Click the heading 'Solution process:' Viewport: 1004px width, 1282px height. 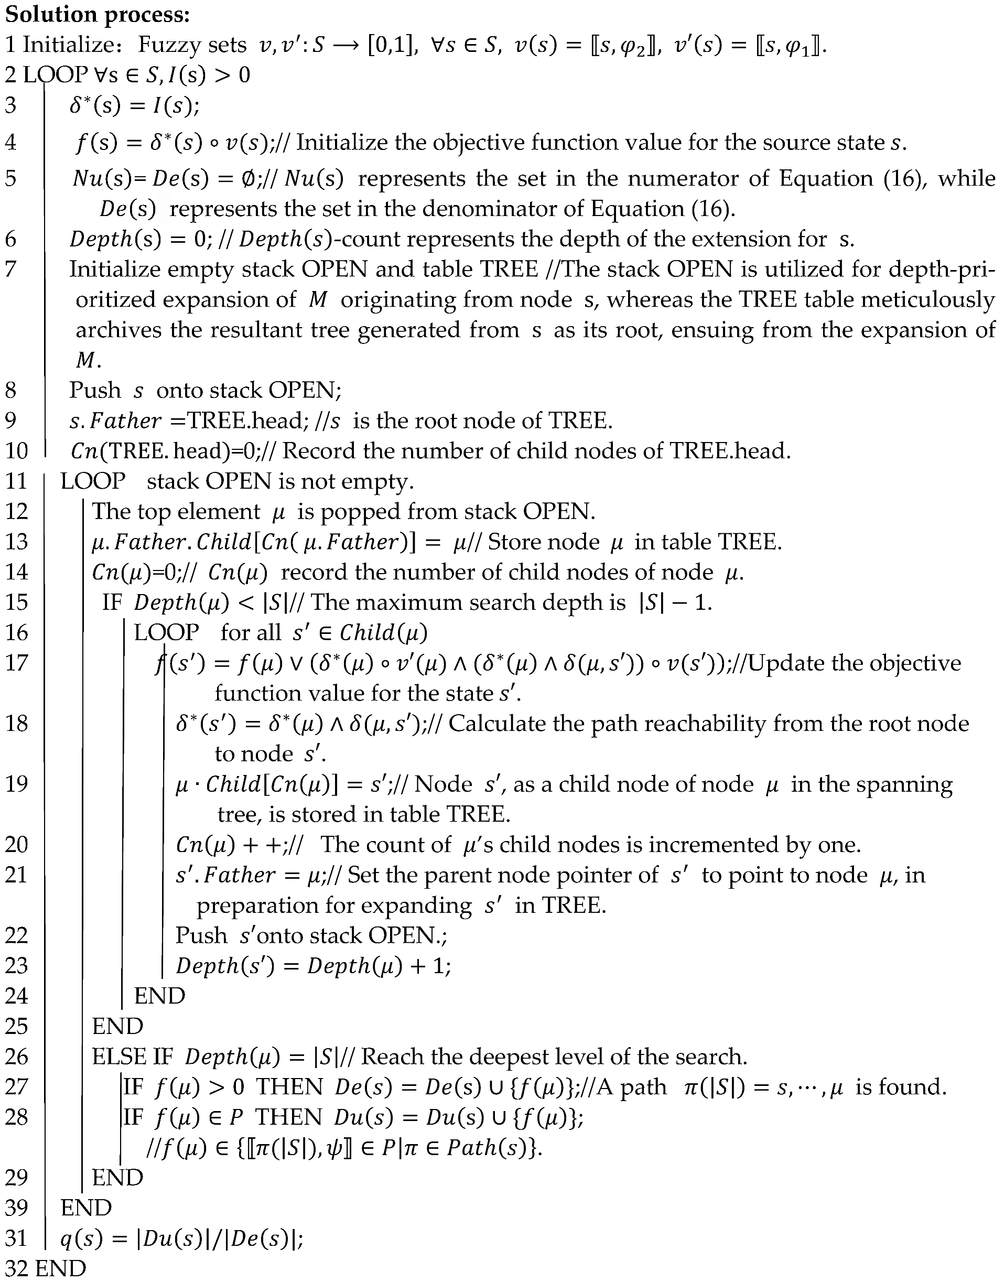tap(98, 15)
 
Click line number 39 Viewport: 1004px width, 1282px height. tap(16, 1208)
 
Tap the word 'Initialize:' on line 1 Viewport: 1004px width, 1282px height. tap(71, 45)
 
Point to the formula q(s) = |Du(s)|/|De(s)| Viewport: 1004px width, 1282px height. tap(182, 1238)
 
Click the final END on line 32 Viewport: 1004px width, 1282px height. tap(60, 1268)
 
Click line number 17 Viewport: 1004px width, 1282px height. tap(16, 662)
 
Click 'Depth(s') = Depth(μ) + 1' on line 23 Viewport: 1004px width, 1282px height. tap(314, 966)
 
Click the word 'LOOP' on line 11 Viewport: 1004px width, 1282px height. tap(93, 481)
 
